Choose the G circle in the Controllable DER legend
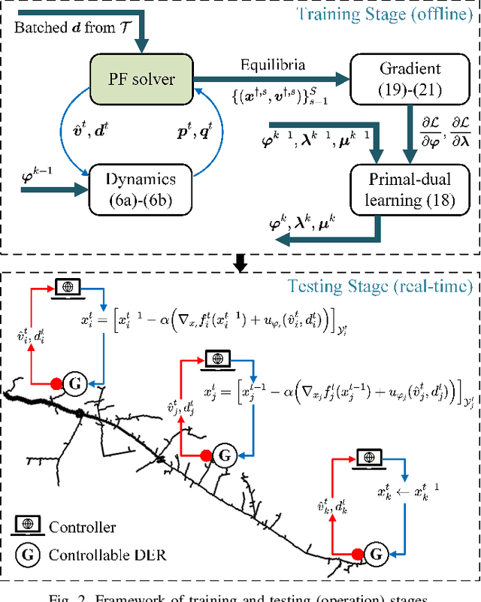pos(28,556)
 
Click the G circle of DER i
pos(74,383)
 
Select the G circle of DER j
pos(223,454)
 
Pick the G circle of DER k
pos(377,555)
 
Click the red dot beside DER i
pos(55,383)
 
